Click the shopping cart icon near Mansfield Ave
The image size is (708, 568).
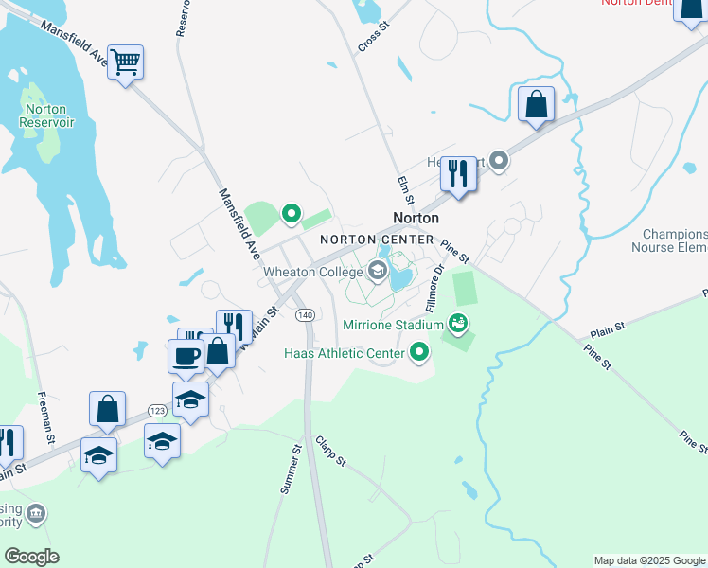(125, 63)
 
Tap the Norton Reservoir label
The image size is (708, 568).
(40, 115)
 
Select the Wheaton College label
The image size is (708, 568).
(312, 273)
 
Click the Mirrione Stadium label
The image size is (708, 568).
(393, 325)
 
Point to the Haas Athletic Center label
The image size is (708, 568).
(344, 354)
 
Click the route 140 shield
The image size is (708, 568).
(304, 314)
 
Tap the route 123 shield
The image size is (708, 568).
(157, 410)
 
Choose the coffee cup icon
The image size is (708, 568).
(186, 357)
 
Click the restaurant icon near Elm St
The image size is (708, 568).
(459, 173)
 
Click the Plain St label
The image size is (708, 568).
(608, 329)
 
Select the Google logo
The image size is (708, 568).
(31, 557)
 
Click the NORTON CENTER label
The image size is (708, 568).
(376, 240)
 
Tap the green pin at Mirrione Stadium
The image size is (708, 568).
(458, 324)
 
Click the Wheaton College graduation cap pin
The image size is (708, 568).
(378, 273)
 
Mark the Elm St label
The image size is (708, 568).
(404, 190)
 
